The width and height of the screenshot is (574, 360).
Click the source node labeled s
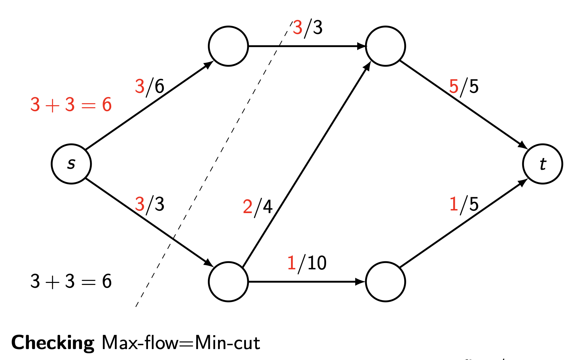point(71,164)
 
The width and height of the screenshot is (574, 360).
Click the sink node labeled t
point(543,164)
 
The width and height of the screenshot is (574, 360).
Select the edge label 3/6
point(150,86)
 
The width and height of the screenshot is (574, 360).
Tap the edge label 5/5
point(464,86)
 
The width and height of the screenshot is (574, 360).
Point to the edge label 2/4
point(258,207)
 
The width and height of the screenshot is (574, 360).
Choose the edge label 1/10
point(307,263)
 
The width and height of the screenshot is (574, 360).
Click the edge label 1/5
point(464,204)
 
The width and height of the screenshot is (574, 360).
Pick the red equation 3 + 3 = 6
point(71,105)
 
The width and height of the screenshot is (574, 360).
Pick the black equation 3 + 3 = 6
point(71,281)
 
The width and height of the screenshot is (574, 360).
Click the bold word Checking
point(53,342)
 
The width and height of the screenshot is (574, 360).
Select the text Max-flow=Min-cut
point(181,342)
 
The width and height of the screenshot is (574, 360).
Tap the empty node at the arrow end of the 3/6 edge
point(228,46)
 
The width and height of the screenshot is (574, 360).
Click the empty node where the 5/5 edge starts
point(385,46)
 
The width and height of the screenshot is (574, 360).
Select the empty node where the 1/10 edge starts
point(228,282)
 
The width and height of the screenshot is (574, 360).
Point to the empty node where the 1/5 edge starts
point(385,282)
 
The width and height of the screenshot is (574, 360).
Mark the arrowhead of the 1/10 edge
point(360,282)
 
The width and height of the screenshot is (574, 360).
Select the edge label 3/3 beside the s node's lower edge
point(150,204)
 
